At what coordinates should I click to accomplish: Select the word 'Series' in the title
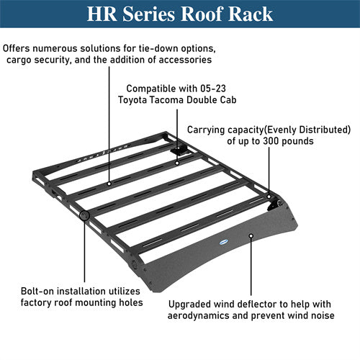148,15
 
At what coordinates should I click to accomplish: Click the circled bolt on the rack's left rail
84,215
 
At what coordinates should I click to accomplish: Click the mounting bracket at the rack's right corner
272,204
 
